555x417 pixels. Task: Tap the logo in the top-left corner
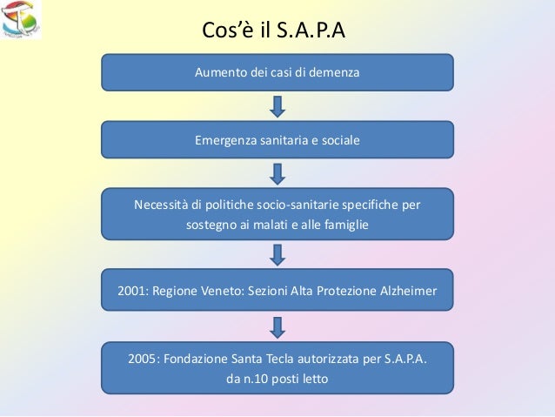pyautogui.click(x=21, y=20)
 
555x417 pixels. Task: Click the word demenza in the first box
pyautogui.click(x=331, y=72)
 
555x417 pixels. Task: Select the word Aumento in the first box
pyautogui.click(x=220, y=72)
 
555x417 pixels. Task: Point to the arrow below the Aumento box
pyautogui.click(x=277, y=106)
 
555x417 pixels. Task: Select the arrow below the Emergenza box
pyautogui.click(x=277, y=173)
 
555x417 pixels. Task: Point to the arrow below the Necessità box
pyautogui.click(x=277, y=254)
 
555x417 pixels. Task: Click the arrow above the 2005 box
pyautogui.click(x=277, y=326)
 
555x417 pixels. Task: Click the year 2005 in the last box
pyautogui.click(x=142, y=360)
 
